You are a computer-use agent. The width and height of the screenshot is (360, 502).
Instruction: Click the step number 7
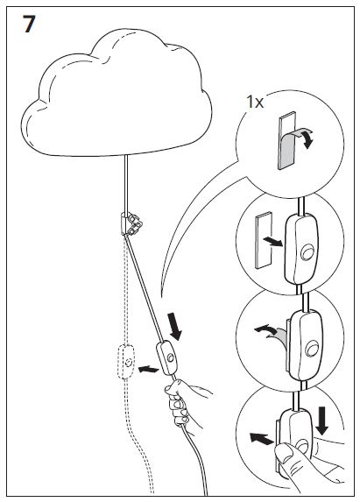29,24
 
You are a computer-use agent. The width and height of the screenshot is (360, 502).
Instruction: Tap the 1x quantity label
255,103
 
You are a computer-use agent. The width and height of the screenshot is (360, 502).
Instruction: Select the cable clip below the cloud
131,223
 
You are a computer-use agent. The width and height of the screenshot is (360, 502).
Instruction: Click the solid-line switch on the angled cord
167,358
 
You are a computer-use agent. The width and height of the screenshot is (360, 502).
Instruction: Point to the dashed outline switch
126,362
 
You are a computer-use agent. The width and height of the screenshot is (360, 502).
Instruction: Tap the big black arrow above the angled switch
174,327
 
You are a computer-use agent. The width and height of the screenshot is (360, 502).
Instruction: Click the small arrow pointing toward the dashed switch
148,369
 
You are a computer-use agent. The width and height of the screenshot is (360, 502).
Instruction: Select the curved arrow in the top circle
308,138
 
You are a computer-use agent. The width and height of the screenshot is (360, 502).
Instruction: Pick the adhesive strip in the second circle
263,240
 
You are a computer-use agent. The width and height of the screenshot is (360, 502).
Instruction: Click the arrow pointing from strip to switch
272,242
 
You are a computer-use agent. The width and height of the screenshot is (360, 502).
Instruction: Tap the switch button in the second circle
307,252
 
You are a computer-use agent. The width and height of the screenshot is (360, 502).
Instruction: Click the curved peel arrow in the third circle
266,329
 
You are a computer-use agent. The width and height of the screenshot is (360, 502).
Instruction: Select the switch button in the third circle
312,349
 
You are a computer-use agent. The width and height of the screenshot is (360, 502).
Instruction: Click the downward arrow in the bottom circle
322,421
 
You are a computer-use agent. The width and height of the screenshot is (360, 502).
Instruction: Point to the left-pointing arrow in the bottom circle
262,438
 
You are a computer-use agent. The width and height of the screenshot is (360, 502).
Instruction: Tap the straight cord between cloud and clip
126,183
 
